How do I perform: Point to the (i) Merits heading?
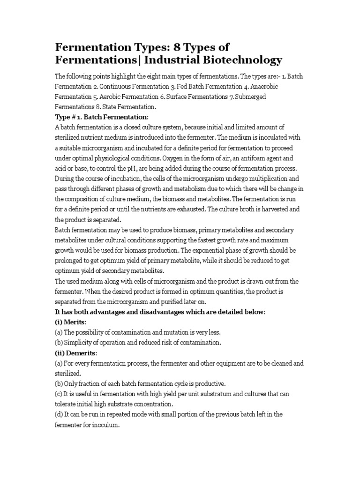[x=73, y=322]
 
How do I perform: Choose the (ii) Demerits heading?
[x=77, y=352]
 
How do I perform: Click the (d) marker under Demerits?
[x=60, y=414]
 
